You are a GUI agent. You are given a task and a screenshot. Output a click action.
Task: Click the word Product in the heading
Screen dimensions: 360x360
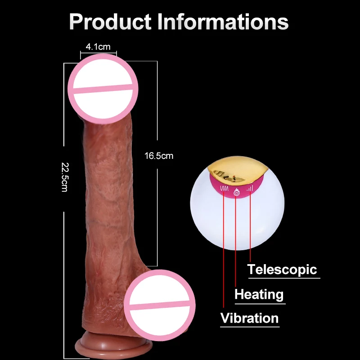coord(110,22)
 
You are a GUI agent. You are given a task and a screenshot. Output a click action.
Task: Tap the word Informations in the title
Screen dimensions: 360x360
coord(223,21)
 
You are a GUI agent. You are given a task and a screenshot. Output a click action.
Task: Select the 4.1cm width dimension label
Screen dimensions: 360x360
coord(98,47)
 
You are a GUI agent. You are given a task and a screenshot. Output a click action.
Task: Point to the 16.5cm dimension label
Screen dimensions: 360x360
coord(159,156)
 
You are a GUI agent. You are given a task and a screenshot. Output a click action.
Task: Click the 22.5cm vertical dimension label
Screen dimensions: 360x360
coord(65,177)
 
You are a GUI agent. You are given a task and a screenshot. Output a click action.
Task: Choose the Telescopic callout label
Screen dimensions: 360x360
coord(282,270)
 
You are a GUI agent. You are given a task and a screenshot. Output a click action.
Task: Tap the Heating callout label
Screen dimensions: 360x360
coord(259,294)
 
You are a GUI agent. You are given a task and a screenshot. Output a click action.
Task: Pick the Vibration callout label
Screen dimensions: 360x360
coord(250,318)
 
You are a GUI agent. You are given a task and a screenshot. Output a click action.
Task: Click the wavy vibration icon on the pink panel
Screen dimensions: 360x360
coord(224,189)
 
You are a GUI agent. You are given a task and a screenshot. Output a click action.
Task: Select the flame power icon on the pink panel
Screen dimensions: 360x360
coord(237,192)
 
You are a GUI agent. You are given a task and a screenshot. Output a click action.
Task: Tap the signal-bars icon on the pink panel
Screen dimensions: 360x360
coord(250,189)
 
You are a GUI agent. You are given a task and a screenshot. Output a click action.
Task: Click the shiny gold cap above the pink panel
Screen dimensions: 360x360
coord(238,170)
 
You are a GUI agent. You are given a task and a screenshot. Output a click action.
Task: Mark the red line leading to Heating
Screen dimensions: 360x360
coord(235,242)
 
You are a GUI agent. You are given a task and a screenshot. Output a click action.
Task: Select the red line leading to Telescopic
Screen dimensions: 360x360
coord(250,227)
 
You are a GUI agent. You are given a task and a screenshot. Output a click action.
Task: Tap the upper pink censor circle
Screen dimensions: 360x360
coord(103,89)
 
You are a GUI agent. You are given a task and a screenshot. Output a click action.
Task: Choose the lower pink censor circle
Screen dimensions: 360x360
coord(160,305)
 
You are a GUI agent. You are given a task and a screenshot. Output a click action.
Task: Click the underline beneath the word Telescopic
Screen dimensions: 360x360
coord(284,278)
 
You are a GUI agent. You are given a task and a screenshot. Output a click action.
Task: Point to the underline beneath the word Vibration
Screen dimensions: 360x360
coord(250,327)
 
